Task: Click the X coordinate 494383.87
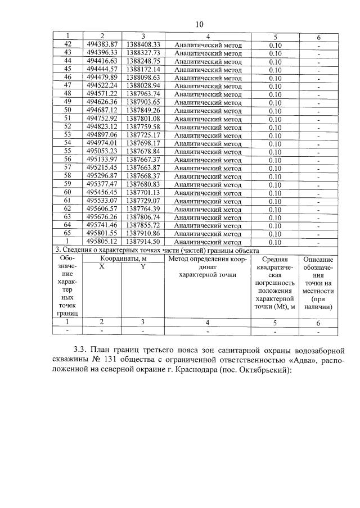point(102,44)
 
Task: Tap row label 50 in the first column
point(68,110)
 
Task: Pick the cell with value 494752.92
point(102,118)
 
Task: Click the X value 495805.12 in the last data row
point(102,242)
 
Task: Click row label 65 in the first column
point(68,233)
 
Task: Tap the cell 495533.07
point(102,201)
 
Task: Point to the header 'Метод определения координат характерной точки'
point(208,267)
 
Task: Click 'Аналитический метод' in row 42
point(208,44)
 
